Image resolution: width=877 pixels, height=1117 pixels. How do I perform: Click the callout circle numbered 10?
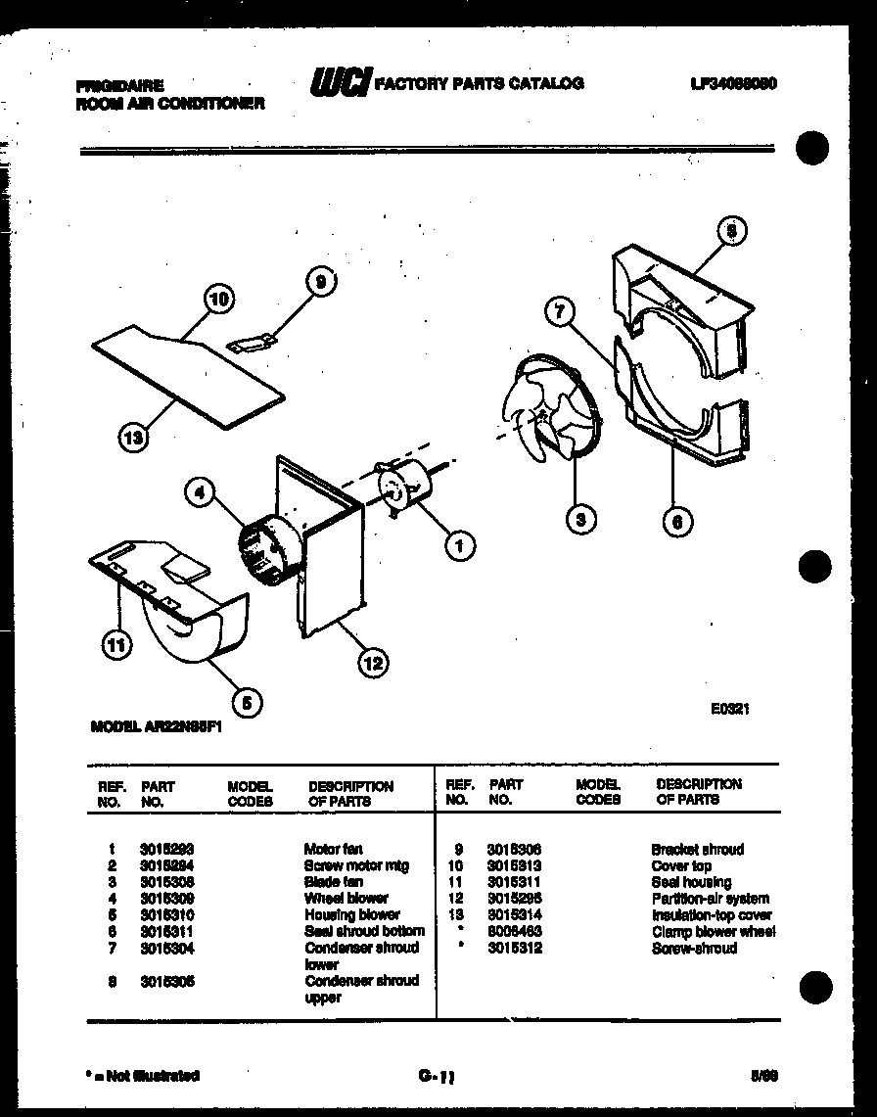218,299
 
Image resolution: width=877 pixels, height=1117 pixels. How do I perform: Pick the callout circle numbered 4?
200,494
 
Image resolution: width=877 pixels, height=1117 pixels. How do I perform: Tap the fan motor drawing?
404,487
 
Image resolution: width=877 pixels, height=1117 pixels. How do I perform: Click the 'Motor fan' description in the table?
334,849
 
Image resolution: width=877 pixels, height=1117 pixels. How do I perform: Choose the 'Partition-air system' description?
711,898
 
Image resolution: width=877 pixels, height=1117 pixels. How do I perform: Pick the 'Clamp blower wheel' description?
714,931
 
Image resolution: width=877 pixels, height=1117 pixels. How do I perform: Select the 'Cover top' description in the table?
682,865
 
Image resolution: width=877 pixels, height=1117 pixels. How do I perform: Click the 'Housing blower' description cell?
352,914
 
